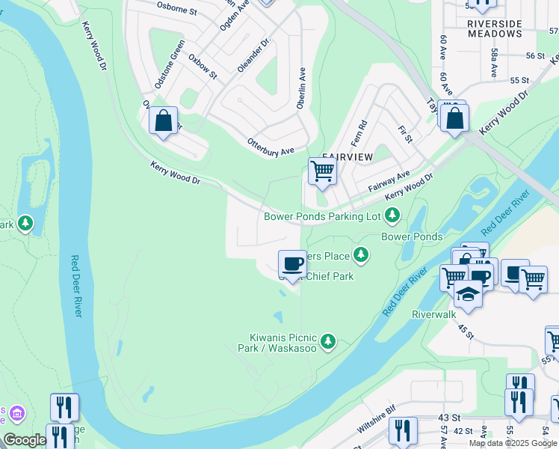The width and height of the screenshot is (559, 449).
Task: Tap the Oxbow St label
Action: click(202, 67)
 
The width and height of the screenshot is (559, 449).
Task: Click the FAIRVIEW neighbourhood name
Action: click(347, 158)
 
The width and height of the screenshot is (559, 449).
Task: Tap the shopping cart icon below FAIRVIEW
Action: click(322, 171)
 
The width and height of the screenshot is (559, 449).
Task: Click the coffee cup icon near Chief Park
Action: click(292, 263)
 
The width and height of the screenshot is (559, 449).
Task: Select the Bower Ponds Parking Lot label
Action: click(323, 216)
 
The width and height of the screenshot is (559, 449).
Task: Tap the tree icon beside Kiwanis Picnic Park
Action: click(327, 343)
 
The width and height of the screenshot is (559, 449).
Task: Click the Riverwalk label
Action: click(433, 315)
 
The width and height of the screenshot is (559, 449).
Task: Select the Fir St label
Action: click(406, 135)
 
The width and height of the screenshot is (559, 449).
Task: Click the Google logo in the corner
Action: click(25, 440)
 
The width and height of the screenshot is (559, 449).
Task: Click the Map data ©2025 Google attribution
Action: click(513, 443)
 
